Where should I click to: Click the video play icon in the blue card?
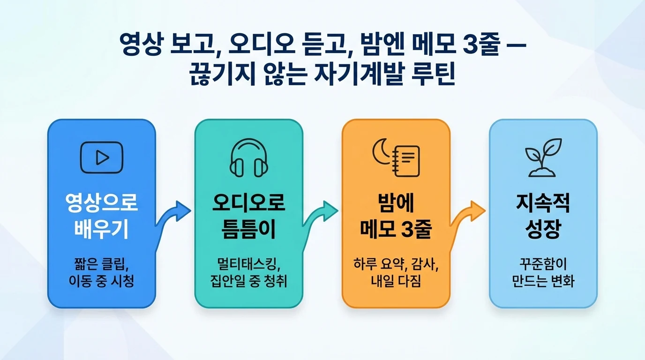102,157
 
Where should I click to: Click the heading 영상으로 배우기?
102,216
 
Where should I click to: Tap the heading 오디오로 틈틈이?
249,216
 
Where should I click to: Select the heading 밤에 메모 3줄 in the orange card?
396,216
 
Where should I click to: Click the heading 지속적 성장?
543,216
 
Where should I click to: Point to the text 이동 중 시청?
102,281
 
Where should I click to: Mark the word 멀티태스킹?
246,263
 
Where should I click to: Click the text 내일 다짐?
396,281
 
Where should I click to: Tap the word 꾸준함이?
543,263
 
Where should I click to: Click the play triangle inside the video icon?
102,157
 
